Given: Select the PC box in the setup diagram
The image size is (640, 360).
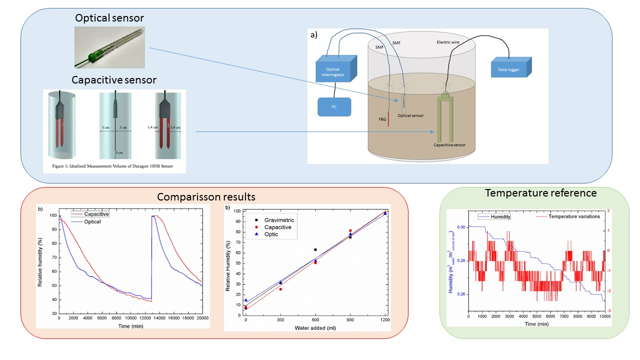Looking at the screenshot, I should [334, 106].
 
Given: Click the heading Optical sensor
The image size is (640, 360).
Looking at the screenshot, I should [109, 18].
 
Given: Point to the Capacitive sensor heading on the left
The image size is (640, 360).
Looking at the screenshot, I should [114, 80].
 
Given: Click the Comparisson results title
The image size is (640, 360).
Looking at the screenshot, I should [206, 196].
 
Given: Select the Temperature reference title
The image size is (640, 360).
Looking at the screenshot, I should [540, 193].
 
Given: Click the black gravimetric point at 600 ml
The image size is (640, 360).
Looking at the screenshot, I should [315, 249].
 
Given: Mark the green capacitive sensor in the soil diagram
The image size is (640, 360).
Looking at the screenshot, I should [445, 120].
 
